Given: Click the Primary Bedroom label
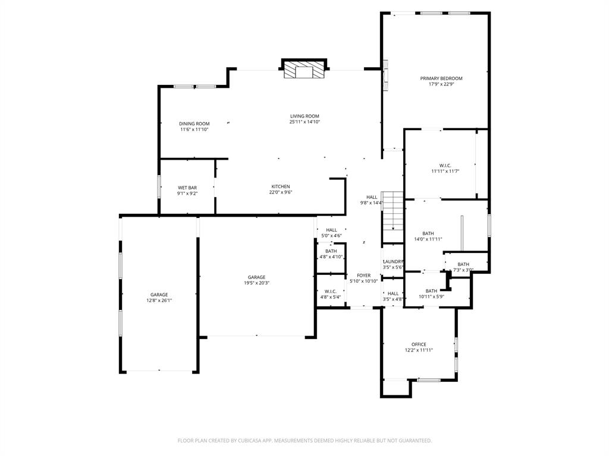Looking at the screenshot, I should (x=441, y=78).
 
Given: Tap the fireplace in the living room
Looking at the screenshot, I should (x=304, y=70).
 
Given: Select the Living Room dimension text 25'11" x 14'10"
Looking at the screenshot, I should (x=304, y=122).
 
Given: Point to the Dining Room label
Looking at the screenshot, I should (x=194, y=124).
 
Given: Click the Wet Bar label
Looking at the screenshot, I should (x=187, y=188).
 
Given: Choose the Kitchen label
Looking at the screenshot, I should (x=281, y=186).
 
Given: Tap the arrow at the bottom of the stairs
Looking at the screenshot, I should (x=393, y=228).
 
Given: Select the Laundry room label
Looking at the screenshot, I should (x=393, y=262).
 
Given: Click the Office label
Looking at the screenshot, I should (x=419, y=344).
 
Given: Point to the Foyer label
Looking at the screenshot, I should (x=363, y=275).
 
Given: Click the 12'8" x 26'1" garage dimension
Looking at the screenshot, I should (x=159, y=300).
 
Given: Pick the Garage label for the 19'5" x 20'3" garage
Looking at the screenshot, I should (x=256, y=277).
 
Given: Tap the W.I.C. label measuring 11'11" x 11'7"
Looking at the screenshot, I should (x=445, y=165).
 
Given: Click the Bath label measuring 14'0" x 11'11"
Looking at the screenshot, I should (x=428, y=233).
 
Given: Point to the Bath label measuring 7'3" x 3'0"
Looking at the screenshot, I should (x=463, y=264).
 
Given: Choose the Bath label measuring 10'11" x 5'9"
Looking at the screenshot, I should (x=431, y=291).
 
